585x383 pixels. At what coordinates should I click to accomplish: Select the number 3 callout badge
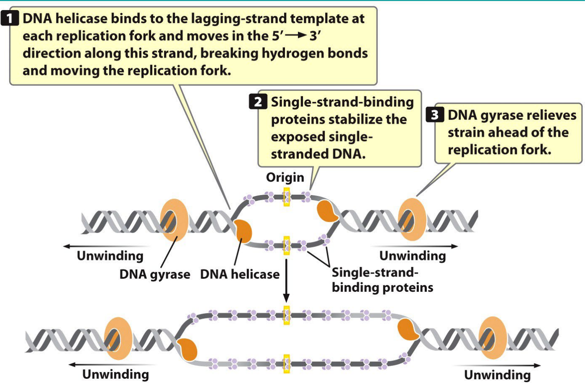(x=434, y=115)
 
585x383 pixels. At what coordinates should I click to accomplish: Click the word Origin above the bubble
(x=285, y=177)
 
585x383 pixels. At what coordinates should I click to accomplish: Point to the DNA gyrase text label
(x=154, y=275)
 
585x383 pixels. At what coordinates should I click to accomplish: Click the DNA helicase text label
(x=240, y=275)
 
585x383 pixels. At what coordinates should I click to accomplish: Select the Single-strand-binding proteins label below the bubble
(x=382, y=280)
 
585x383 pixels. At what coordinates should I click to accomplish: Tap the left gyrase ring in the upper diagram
(x=174, y=220)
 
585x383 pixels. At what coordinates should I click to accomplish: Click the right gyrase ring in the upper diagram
(x=412, y=220)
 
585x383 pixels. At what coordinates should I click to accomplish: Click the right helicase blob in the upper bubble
(x=328, y=211)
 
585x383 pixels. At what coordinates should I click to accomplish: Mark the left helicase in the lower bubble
(x=188, y=350)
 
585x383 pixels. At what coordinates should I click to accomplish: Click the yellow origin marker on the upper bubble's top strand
(x=287, y=197)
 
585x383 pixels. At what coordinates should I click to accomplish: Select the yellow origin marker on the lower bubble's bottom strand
(x=287, y=364)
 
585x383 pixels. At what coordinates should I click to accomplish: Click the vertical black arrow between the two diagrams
(x=286, y=280)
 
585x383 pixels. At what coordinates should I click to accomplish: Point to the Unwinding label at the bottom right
(x=497, y=375)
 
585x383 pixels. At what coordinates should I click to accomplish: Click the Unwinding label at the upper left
(x=110, y=256)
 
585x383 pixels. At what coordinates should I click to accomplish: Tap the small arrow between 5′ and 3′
(x=296, y=36)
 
